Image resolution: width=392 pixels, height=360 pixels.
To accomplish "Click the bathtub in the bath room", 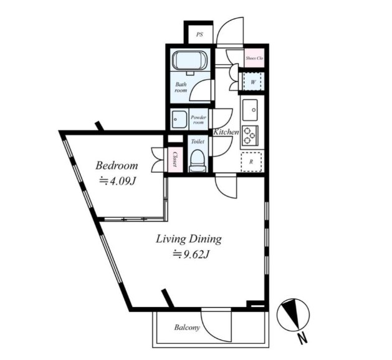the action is point(190,62).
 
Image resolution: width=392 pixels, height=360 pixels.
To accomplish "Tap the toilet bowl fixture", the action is point(198,161).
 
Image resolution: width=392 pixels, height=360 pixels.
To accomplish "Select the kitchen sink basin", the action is point(250,110).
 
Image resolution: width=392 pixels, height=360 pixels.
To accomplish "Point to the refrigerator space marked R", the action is point(251,162).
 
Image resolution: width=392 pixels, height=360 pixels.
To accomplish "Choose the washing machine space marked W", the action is point(253,82).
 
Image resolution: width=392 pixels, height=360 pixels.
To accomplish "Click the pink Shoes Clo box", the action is point(254,58).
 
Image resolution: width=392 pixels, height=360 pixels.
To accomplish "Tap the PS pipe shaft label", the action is point(199,34).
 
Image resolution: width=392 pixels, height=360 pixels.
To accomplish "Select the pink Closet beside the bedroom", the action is point(174,160).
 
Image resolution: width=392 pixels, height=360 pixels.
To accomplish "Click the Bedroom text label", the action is point(117,166).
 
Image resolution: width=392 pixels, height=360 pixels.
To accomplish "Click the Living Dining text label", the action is point(189,239).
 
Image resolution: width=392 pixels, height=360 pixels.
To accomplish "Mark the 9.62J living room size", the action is point(191,255).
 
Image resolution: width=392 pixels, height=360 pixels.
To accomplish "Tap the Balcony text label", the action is point(187,328).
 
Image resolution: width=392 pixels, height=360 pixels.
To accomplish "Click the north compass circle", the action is point(294,314).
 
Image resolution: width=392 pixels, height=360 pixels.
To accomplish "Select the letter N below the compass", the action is point(303,339).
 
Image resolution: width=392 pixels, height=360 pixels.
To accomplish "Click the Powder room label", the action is point(199,120).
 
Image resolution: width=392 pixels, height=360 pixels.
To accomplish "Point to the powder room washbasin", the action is point(179,119).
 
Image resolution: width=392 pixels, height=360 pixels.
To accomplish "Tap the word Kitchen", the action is point(226,132).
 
